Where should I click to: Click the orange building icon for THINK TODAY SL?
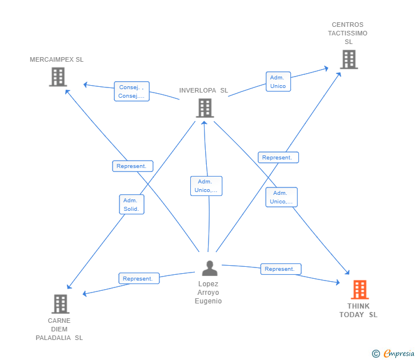tap(359, 290)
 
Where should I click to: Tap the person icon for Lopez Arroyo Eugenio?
tap(210, 268)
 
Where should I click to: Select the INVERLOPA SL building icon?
tap(205, 107)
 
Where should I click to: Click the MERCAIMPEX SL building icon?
tap(58, 77)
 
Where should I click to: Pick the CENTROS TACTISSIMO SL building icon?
tap(349, 59)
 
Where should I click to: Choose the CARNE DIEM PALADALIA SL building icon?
tap(60, 304)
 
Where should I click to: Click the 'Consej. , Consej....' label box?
tap(131, 91)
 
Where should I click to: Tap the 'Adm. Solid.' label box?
tap(131, 205)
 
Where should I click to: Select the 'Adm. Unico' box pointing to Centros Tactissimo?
tap(278, 82)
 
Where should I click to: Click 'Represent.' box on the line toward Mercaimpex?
tap(133, 166)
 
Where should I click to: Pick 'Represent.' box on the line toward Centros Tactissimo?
tap(278, 158)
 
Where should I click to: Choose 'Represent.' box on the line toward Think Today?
tap(281, 269)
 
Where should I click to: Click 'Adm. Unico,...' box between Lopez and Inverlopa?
tap(206, 186)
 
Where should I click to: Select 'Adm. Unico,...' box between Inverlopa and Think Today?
tap(281, 197)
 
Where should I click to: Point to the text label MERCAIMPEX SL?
tap(57, 59)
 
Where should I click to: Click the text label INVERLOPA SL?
tap(203, 90)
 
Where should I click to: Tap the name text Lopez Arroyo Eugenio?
tap(209, 293)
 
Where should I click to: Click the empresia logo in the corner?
tap(399, 354)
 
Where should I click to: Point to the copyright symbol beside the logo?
tap(376, 354)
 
